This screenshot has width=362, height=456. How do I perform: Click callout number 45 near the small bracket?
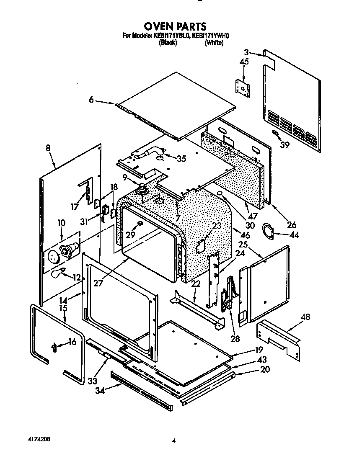coord(244,62)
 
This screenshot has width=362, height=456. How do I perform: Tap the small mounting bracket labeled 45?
coord(243,87)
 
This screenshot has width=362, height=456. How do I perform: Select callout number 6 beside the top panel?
coord(91,100)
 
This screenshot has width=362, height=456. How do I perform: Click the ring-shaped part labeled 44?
coord(267,229)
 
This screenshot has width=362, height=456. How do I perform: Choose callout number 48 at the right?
coord(306,317)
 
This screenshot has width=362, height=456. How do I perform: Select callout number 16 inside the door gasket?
coord(72,342)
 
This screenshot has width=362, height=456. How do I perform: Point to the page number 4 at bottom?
coord(173,440)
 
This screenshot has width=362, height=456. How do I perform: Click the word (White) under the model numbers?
coord(214,43)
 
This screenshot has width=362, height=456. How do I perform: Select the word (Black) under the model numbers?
coord(168,43)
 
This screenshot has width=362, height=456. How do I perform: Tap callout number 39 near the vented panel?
coord(285,145)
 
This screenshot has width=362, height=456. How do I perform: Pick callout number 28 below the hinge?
coord(235,339)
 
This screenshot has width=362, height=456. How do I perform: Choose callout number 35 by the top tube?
coord(181,158)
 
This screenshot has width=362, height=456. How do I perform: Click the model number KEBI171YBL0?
coord(172,36)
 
